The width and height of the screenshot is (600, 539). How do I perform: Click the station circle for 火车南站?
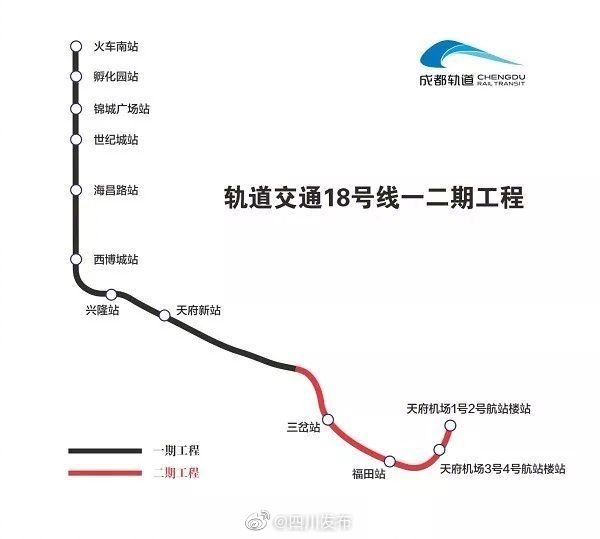click(x=76, y=46)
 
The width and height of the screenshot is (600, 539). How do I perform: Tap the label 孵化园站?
click(x=116, y=77)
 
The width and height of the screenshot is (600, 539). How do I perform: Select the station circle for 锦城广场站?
click(x=76, y=109)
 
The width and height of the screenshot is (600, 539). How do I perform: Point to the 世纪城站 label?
click(x=116, y=140)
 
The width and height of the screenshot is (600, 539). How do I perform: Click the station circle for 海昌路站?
click(x=76, y=190)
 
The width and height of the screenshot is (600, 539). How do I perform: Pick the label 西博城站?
click(x=116, y=259)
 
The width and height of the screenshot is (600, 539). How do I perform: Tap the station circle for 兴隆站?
click(x=111, y=295)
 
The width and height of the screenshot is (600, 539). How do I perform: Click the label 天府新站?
click(x=198, y=310)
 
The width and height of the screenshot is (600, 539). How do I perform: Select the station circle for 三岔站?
click(x=328, y=420)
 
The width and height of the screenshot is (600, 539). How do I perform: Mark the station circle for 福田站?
click(x=390, y=461)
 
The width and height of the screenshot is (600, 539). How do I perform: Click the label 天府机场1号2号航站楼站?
click(x=468, y=409)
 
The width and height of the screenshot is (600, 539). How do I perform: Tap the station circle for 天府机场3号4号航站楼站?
click(x=439, y=449)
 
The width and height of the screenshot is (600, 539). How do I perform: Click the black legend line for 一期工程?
click(x=105, y=451)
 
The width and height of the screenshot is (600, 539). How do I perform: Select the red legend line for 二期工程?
click(x=105, y=473)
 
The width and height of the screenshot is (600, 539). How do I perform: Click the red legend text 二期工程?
click(x=176, y=473)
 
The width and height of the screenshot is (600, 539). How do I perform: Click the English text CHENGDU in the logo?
click(x=501, y=77)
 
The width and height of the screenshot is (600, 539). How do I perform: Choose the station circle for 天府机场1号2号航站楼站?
click(x=450, y=425)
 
